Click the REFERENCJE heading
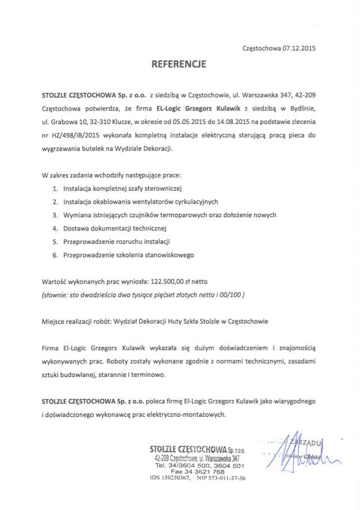[x=179, y=64]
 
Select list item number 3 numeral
[x=55, y=214]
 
